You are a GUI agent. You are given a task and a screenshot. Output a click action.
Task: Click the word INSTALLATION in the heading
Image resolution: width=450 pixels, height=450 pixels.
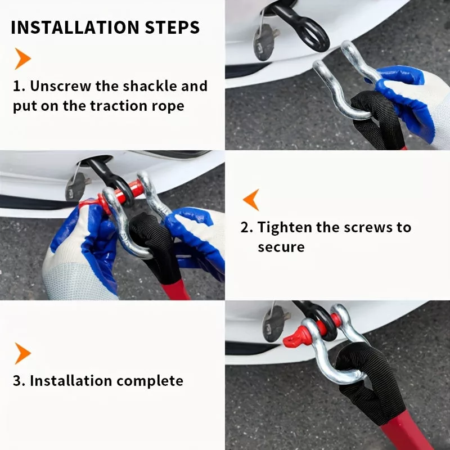[x=75, y=28]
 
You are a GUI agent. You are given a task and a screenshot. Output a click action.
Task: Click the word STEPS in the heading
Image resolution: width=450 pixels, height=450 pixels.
[x=172, y=28]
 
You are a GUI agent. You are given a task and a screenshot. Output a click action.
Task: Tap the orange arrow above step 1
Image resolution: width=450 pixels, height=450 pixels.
[x=22, y=58]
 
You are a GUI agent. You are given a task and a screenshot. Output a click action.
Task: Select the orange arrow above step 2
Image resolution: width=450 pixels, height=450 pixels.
[x=251, y=200]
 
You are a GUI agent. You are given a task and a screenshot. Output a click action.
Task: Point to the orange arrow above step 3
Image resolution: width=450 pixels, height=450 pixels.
[x=22, y=353]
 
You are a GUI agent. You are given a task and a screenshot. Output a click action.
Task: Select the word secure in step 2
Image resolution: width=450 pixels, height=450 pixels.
[x=281, y=247]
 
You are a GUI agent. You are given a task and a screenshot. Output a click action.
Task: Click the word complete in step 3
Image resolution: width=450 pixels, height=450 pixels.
[x=150, y=381]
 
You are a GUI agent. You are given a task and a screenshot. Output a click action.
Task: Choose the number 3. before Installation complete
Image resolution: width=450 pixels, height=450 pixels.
[x=19, y=381]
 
